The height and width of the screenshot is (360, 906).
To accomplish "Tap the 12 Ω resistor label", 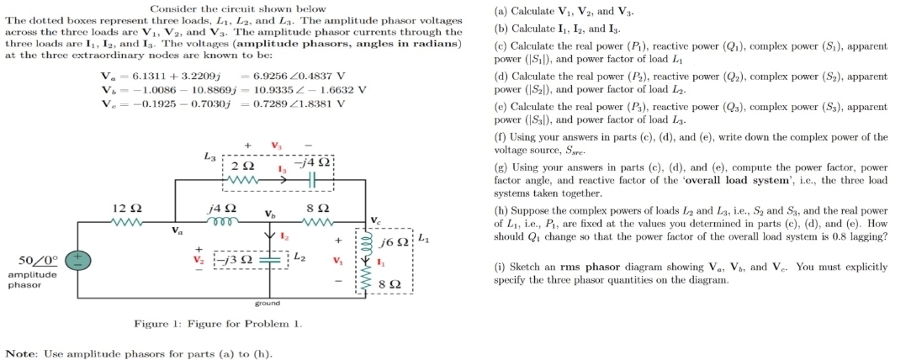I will coord(125,208).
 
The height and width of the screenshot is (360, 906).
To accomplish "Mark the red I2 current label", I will coord(283,239).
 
